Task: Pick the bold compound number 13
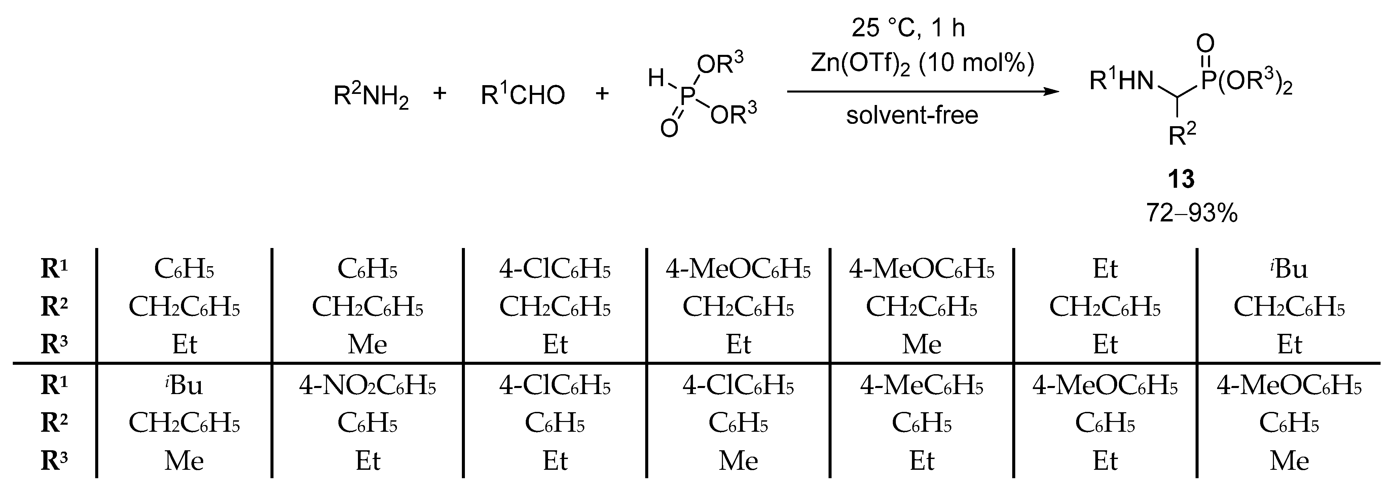pyautogui.click(x=1181, y=179)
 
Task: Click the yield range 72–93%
pyautogui.click(x=1192, y=214)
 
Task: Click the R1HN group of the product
pyautogui.click(x=1121, y=81)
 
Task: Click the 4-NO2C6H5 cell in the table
pyautogui.click(x=367, y=386)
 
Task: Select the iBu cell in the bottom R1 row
pyautogui.click(x=184, y=386)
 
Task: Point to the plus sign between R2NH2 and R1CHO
pyautogui.click(x=440, y=94)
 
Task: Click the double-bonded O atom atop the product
pyautogui.click(x=1205, y=43)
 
